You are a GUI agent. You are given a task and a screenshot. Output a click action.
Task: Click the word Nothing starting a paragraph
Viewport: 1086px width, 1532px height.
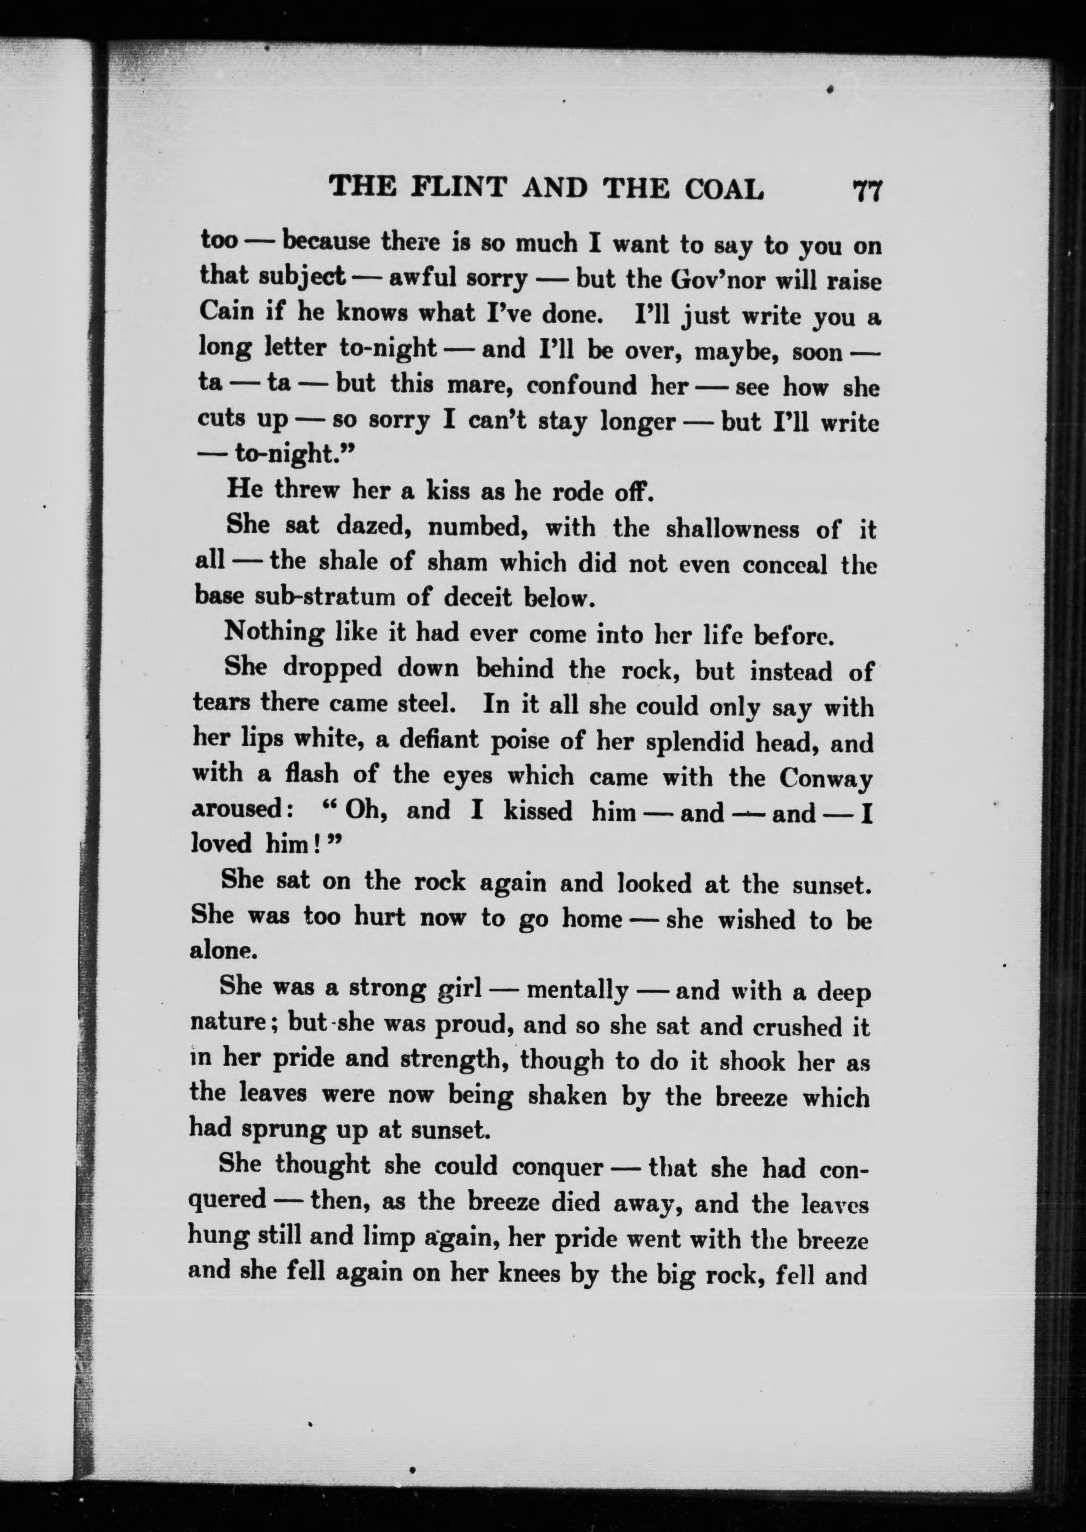pos(273,632)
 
